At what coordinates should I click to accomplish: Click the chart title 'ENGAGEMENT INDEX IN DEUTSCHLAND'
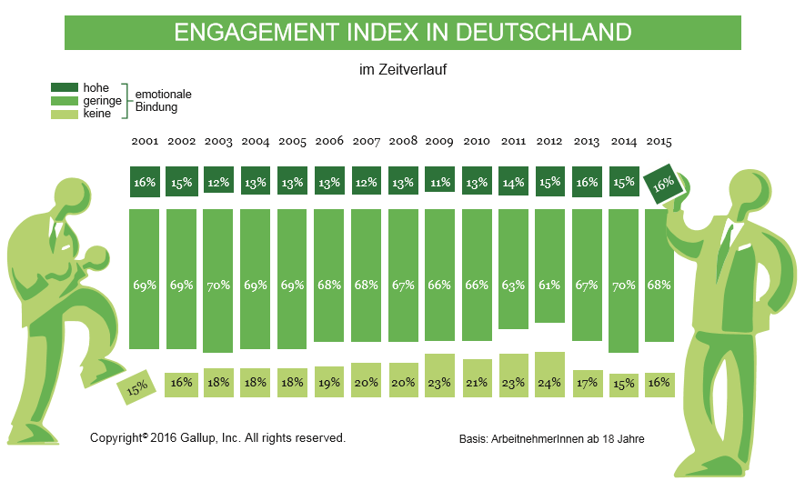coord(402,33)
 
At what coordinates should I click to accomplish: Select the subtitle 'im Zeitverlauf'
coord(403,68)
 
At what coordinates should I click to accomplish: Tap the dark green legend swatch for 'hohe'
coord(65,88)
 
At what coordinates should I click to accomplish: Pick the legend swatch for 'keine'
coord(65,114)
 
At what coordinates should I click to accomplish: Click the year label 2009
coord(439,142)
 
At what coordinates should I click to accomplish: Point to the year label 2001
coord(145,142)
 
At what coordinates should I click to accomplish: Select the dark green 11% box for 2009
coord(439,182)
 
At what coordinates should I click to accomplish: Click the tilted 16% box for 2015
coord(663,182)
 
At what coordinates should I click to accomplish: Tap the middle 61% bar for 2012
coord(550,266)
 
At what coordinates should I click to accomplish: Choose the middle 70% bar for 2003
coord(218,281)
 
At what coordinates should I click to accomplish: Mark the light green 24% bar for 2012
coord(550,375)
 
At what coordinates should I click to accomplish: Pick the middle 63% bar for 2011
coord(513,269)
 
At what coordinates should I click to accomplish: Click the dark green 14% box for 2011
coord(513,182)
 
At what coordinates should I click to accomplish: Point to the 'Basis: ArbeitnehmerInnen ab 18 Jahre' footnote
coord(551,439)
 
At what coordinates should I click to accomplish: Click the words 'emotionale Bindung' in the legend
coord(163,101)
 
